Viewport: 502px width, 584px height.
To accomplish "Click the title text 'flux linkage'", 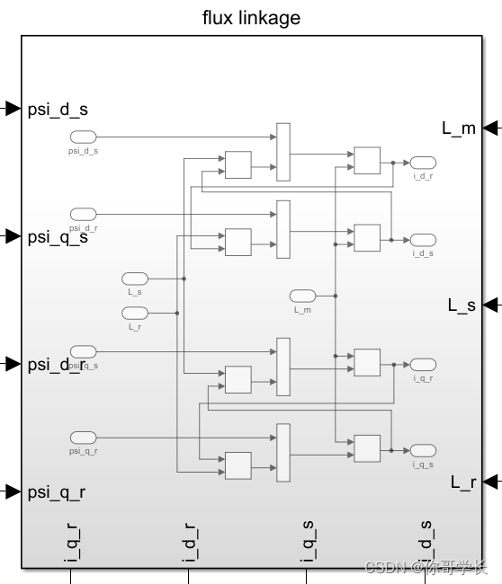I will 251,18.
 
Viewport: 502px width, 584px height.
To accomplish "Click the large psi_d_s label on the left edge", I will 58,110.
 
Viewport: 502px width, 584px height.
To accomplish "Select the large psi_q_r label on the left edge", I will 58,491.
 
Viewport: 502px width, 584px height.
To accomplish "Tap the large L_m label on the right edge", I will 459,128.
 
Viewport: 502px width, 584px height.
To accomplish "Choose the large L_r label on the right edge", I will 462,482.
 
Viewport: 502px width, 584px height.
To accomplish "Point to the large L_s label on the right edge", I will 462,305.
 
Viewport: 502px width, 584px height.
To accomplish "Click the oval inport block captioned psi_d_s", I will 84,137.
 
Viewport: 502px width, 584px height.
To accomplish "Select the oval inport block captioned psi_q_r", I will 84,438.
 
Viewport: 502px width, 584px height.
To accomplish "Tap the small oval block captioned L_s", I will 135,279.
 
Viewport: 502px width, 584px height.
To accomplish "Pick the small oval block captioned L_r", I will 135,313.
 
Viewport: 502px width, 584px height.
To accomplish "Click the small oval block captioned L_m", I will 302,296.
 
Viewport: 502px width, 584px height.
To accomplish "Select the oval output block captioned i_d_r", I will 423,163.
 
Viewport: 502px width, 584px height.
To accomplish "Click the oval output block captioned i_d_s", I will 423,240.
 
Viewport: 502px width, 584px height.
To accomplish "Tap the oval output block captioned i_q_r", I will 423,365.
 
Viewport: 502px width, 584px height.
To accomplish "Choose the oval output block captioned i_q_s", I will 423,450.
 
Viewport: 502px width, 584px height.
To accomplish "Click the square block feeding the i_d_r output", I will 367,161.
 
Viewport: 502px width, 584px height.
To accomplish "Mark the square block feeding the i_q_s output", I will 367,447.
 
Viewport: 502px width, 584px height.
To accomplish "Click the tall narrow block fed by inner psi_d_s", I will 283,152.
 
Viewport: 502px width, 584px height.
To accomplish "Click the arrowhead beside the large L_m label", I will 491,128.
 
